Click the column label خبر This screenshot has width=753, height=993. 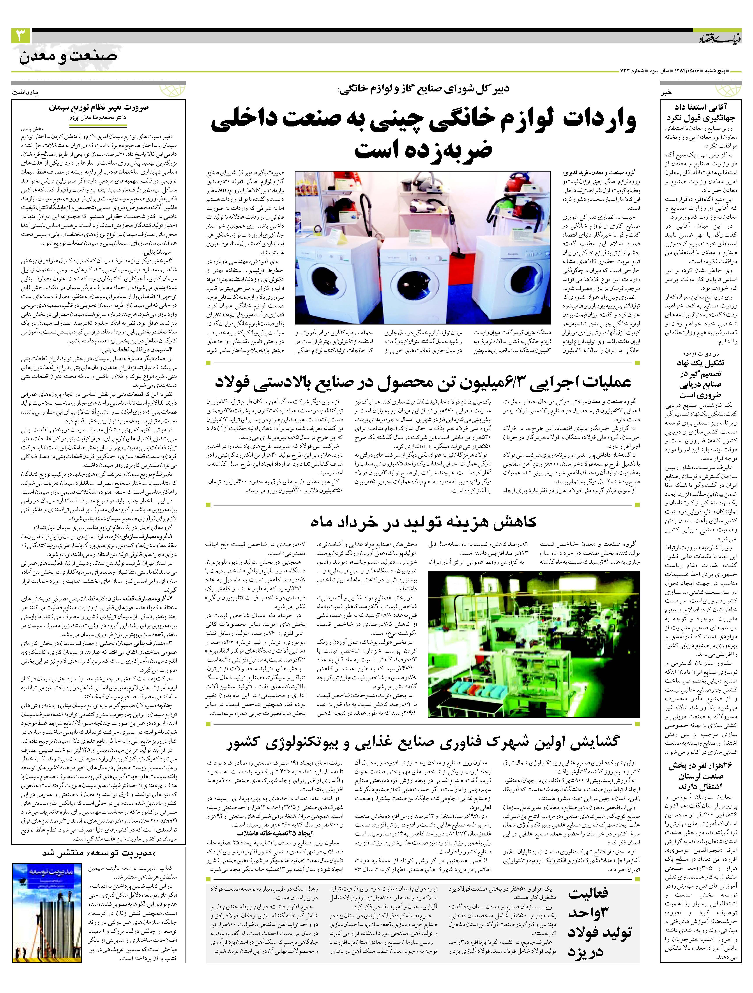point(665,93)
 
